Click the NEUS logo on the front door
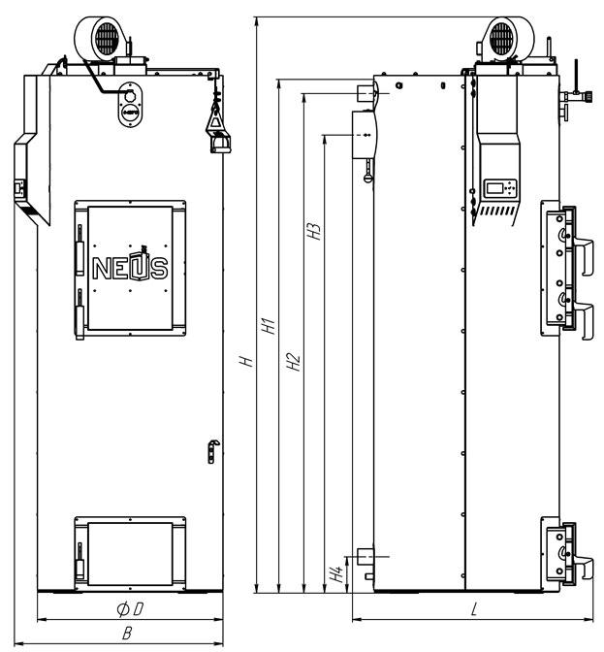(131, 265)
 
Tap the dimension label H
(247, 360)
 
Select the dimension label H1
(270, 326)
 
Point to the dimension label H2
(294, 361)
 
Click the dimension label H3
(314, 232)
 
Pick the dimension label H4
(336, 573)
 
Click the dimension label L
(474, 609)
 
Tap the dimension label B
(127, 634)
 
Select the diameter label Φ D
(130, 609)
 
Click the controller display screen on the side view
(494, 188)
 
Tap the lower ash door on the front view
(130, 554)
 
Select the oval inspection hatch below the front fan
(130, 105)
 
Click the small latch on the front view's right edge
(213, 451)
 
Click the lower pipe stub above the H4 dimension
(366, 556)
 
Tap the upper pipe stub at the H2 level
(366, 93)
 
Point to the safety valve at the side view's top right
(576, 96)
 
